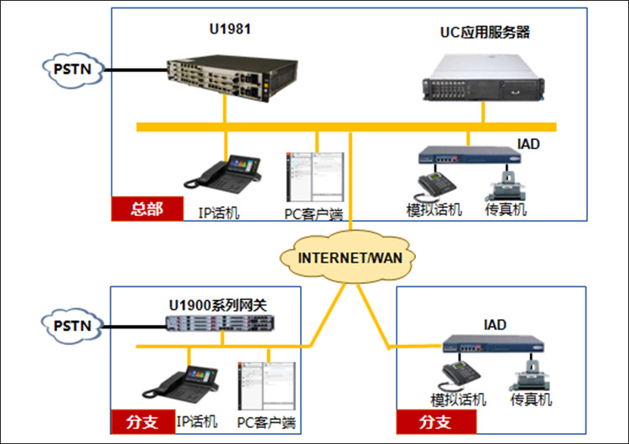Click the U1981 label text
(x=231, y=28)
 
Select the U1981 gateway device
(x=232, y=78)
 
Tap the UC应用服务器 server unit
(x=483, y=78)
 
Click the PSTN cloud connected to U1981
(x=73, y=70)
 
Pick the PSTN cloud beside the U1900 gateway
(x=72, y=326)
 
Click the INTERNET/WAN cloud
(x=348, y=257)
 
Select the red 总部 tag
(x=148, y=209)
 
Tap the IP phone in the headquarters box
(x=222, y=175)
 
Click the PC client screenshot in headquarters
(x=314, y=177)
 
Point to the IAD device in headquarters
(x=470, y=154)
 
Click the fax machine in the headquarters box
(x=505, y=186)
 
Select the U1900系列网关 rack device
(x=221, y=323)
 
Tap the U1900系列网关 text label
(x=218, y=306)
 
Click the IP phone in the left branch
(x=180, y=385)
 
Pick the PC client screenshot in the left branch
(x=267, y=386)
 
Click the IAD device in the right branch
(x=493, y=343)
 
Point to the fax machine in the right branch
(x=529, y=375)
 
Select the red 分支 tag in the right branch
(x=436, y=421)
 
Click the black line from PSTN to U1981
(x=135, y=70)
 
